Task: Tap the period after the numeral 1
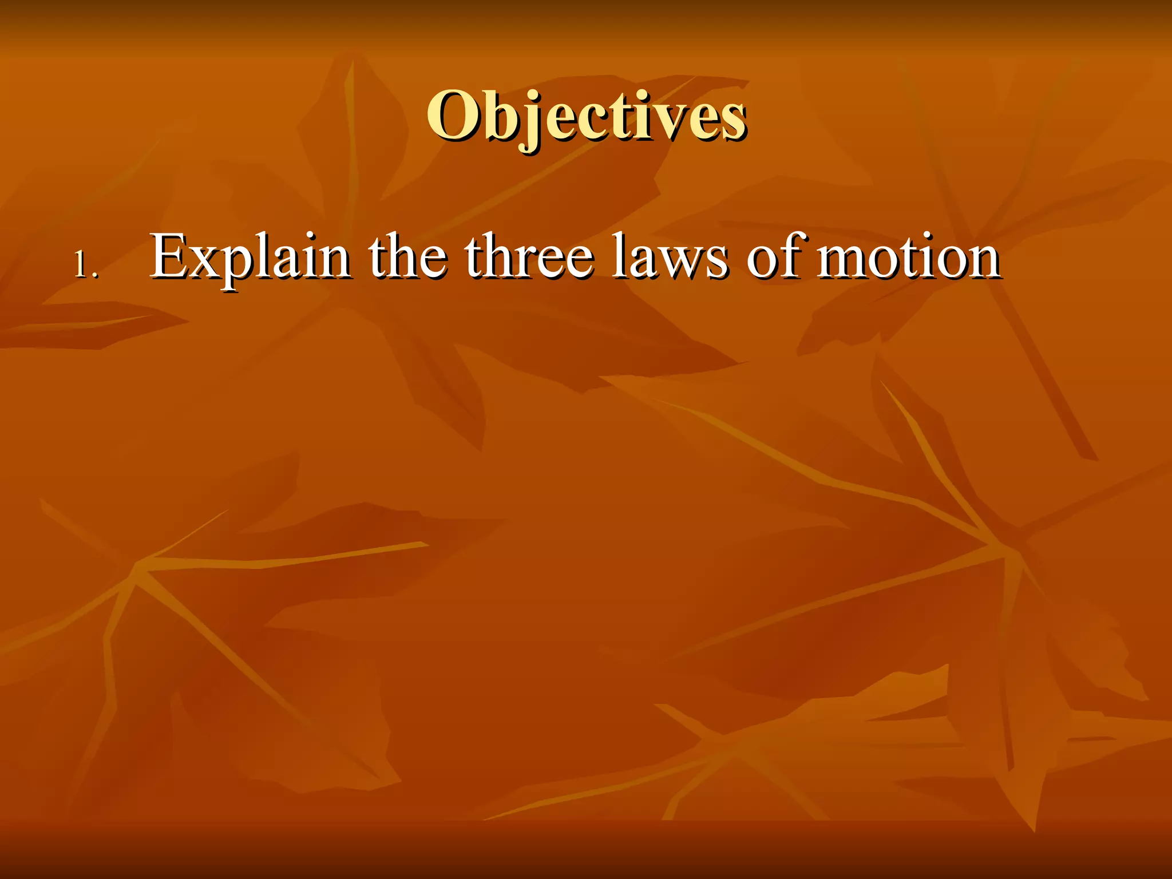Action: pyautogui.click(x=96, y=276)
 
